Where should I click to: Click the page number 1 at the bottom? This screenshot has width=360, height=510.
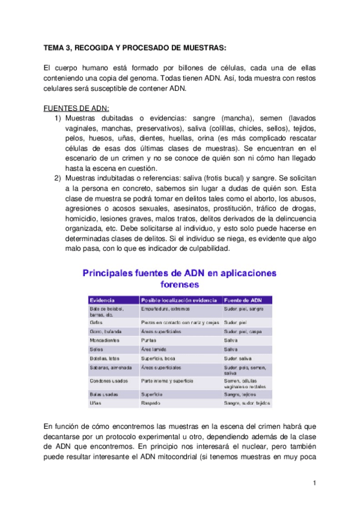pyautogui.click(x=314, y=483)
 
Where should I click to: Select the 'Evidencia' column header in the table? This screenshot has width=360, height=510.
pyautogui.click(x=102, y=300)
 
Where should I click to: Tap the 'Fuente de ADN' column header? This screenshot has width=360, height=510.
pyautogui.click(x=242, y=300)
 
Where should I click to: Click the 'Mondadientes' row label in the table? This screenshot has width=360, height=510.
pyautogui.click(x=105, y=340)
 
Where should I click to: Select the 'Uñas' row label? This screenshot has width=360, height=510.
pyautogui.click(x=96, y=402)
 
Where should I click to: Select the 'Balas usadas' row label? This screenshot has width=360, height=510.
pyautogui.click(x=103, y=393)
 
